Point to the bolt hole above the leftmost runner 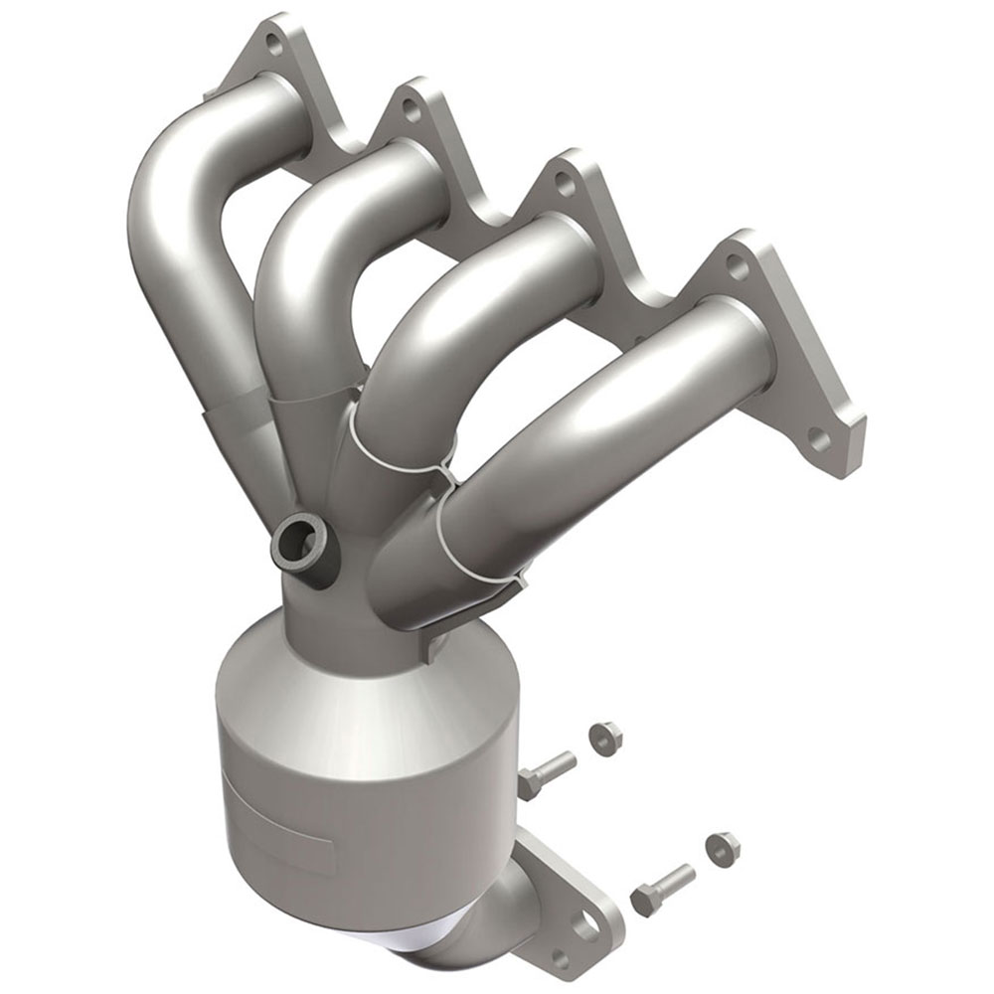[x=274, y=43]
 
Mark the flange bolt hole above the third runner [x=565, y=182]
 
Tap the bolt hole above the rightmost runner [x=735, y=262]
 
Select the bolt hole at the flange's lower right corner [x=818, y=437]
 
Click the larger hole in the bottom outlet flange [x=586, y=924]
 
